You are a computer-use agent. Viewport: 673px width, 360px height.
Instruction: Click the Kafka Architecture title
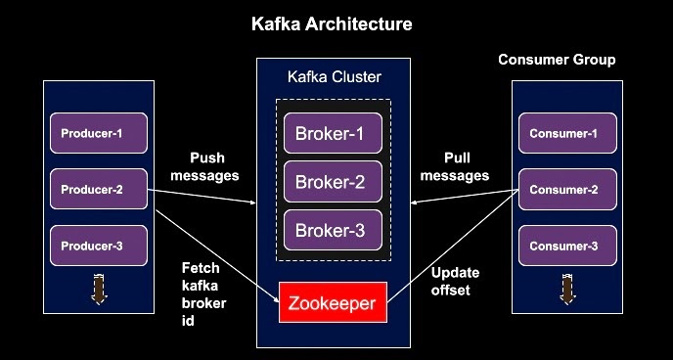[x=333, y=22]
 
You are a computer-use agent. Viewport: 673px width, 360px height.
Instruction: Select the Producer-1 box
[x=98, y=133]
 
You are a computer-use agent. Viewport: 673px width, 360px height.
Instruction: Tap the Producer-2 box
[x=98, y=189]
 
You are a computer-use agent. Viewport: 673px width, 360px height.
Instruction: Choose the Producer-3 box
[x=98, y=246]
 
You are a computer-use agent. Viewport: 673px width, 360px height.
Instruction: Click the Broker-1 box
[x=333, y=133]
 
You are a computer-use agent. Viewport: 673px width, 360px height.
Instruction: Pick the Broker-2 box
[x=333, y=182]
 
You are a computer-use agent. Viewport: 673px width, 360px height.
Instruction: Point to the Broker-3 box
[x=333, y=231]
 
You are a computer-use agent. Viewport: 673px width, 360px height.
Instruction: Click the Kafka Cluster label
[x=334, y=76]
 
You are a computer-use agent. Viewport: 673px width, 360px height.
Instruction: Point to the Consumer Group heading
[x=557, y=60]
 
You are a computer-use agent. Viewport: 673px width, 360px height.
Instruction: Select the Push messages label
[x=203, y=166]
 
